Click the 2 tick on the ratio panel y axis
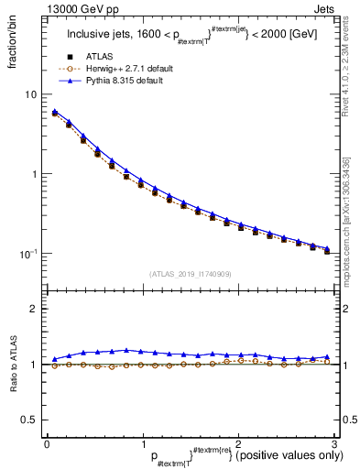click(33, 309)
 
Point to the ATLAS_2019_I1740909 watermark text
click(190, 275)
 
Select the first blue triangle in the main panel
click(55, 112)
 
